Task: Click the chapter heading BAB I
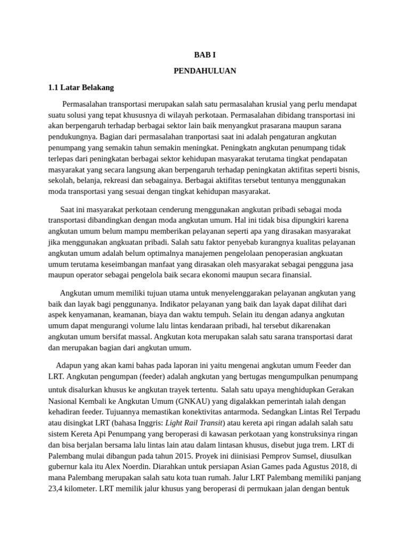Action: click(x=204, y=55)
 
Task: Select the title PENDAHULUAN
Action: click(x=204, y=71)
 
